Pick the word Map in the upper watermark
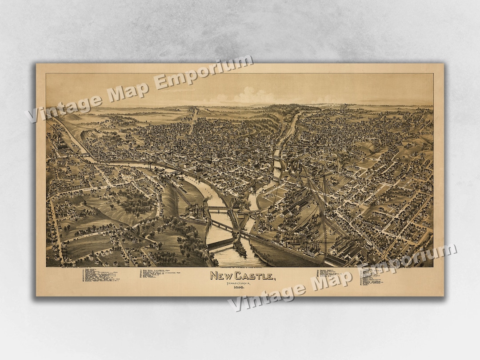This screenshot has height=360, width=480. click(127, 89)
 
